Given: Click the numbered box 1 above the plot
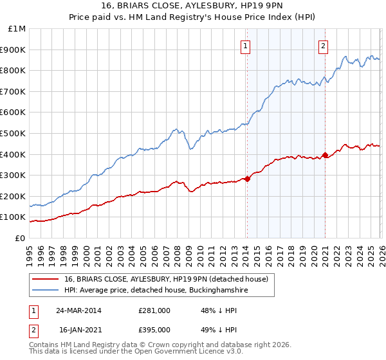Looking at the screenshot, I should [x=246, y=46].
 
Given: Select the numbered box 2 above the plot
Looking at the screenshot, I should [x=323, y=46].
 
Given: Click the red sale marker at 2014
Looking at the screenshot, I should [x=247, y=179].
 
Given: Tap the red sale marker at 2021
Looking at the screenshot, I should [x=325, y=155].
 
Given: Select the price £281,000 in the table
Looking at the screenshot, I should [x=154, y=310].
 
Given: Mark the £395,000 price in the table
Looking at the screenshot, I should [x=154, y=329].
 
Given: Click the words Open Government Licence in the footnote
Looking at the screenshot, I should [x=182, y=352].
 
